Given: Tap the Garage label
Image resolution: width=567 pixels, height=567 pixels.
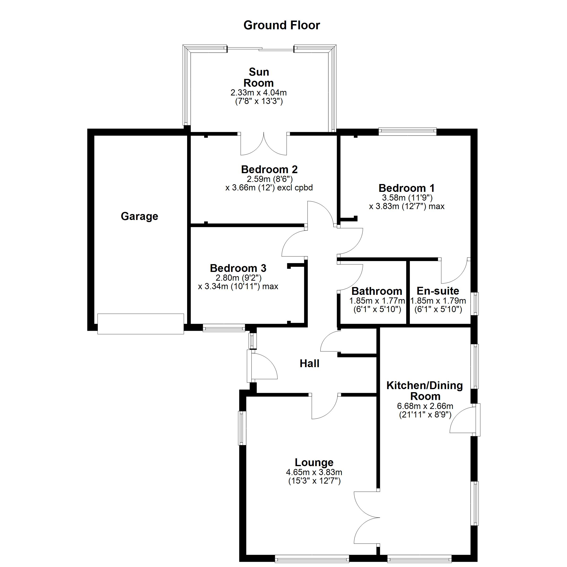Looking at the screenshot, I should click(x=139, y=216).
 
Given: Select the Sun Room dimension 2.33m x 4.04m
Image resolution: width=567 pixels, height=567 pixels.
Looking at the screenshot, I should click(x=258, y=93).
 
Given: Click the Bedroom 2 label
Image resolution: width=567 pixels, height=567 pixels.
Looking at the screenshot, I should click(x=269, y=169).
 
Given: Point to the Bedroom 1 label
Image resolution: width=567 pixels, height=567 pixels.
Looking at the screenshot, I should click(x=406, y=188).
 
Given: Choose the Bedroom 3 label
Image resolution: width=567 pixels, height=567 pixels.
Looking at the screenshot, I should click(x=238, y=268).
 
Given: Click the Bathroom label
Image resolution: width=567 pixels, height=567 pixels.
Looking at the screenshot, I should click(x=377, y=291).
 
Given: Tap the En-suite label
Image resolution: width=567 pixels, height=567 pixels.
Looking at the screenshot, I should click(x=438, y=291).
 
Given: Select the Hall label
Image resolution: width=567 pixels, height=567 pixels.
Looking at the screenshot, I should click(x=309, y=364).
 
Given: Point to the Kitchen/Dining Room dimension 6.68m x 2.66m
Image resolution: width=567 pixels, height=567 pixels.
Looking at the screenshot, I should click(x=425, y=406).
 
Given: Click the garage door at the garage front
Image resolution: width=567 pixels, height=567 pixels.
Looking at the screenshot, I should click(x=141, y=324).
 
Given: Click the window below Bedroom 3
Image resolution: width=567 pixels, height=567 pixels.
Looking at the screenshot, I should click(x=224, y=328).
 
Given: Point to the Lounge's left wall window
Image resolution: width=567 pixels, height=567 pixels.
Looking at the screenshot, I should click(x=242, y=428).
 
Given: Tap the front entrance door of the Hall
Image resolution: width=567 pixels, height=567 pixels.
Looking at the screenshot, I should click(x=261, y=366).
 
